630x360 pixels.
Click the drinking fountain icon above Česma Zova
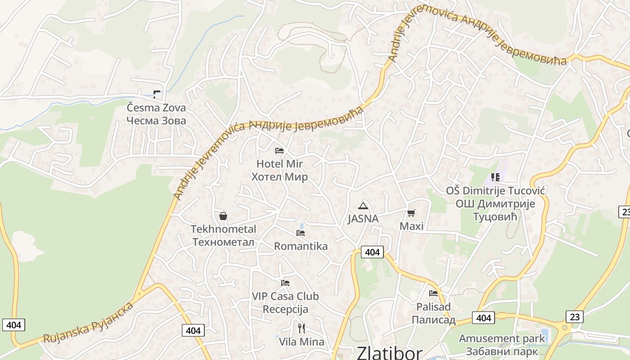click(156, 94)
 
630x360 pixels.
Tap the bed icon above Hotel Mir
click(279, 151)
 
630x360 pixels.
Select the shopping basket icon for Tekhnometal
click(223, 216)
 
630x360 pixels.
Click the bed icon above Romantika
click(301, 233)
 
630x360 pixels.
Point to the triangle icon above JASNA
click(363, 206)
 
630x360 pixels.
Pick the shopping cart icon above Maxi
click(411, 213)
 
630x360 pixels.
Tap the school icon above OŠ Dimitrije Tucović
click(495, 177)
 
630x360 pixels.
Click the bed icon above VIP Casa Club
click(285, 283)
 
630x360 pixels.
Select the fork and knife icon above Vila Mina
click(301, 328)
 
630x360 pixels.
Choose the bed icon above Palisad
click(433, 293)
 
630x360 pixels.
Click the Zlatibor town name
click(390, 353)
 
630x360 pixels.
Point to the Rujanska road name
click(68, 333)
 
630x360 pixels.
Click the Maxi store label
click(412, 226)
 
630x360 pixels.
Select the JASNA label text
click(363, 219)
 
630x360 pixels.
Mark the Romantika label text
click(301, 246)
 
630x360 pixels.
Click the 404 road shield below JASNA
click(372, 252)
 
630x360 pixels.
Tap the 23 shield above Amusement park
click(575, 316)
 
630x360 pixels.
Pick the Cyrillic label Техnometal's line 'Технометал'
click(223, 242)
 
